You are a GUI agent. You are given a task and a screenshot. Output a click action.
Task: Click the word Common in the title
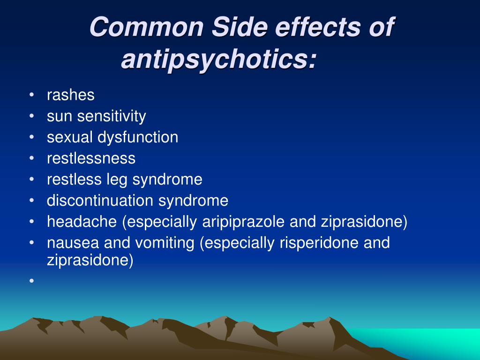click(x=147, y=27)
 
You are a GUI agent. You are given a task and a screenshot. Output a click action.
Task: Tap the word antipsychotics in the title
click(x=218, y=60)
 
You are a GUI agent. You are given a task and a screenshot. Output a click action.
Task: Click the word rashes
click(x=71, y=95)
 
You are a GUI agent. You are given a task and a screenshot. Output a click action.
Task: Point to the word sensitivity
click(x=112, y=117)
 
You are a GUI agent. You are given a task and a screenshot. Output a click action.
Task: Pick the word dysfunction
click(x=138, y=137)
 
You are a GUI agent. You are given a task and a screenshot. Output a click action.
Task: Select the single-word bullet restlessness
click(x=91, y=158)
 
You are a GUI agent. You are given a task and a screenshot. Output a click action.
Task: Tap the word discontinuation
click(x=100, y=201)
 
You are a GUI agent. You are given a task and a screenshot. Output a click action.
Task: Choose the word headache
click(x=82, y=222)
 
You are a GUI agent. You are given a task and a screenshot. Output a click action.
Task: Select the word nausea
click(x=73, y=243)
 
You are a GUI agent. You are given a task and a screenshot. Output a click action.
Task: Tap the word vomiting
click(x=165, y=243)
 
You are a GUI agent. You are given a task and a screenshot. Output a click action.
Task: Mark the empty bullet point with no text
click(x=31, y=280)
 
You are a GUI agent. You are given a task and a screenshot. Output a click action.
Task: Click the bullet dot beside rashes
click(x=31, y=95)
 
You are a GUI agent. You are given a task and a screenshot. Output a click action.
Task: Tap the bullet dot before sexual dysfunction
click(x=31, y=137)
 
